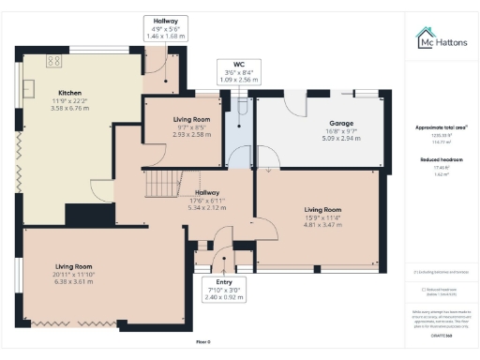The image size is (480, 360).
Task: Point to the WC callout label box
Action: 232,72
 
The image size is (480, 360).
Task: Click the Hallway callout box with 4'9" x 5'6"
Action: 165,27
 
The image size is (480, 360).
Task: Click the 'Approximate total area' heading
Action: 441,127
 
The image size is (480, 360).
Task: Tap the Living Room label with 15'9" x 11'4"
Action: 321,210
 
